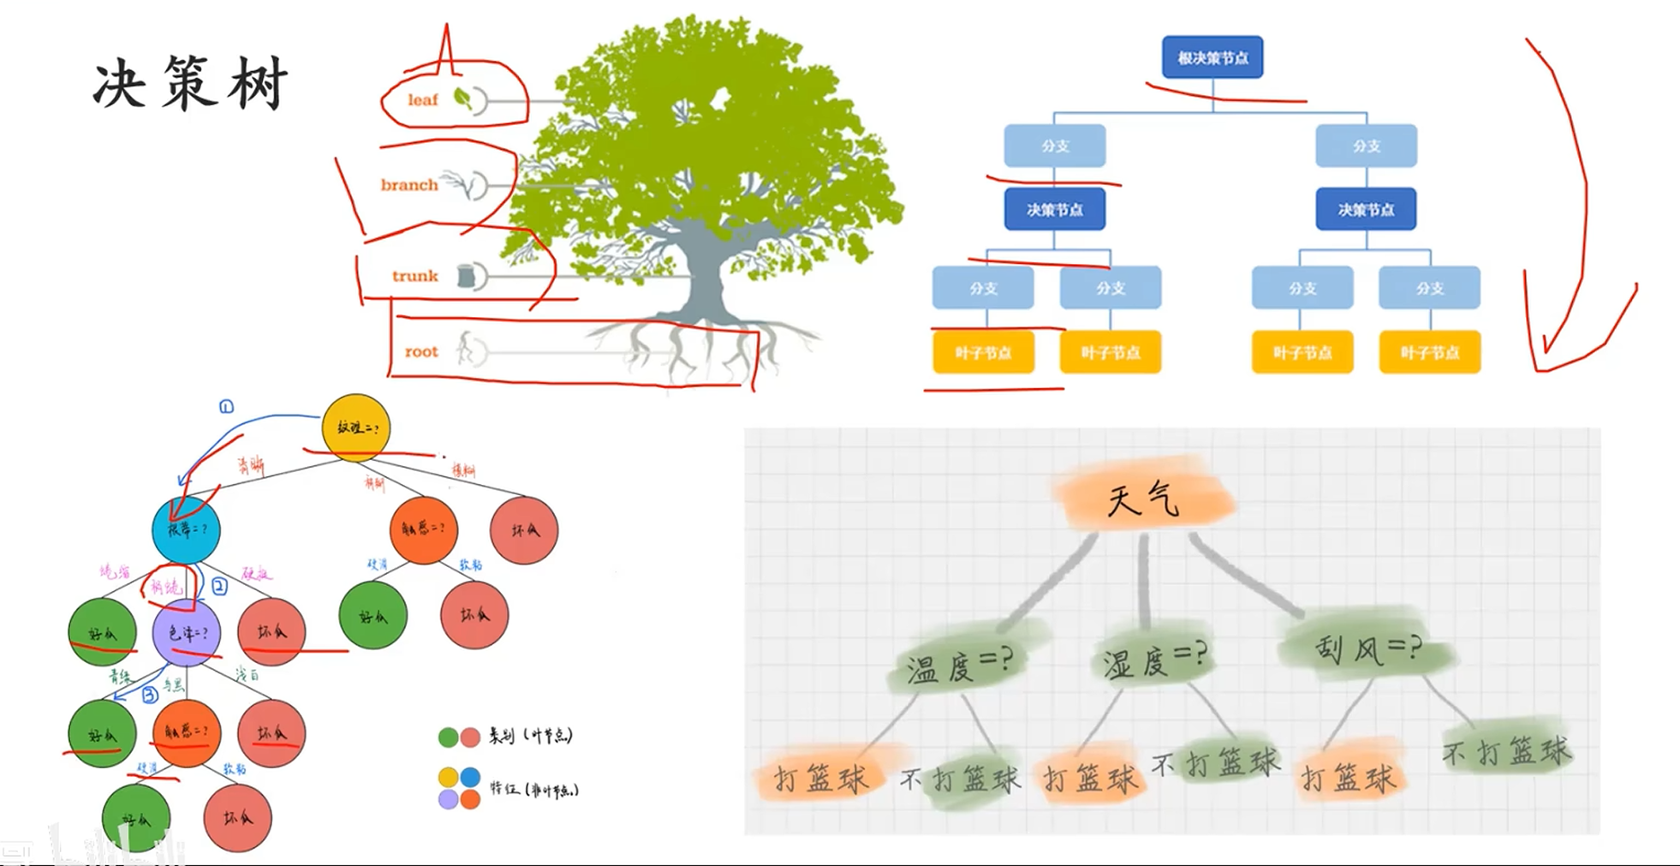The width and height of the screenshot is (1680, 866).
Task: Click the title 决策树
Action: pos(190,85)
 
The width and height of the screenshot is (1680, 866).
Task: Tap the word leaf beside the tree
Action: pos(422,100)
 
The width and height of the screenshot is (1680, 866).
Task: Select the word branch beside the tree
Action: pos(408,185)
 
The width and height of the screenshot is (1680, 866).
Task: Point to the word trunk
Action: pos(414,276)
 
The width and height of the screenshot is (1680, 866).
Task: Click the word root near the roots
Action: pos(420,352)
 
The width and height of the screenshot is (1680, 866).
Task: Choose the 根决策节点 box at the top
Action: pos(1212,58)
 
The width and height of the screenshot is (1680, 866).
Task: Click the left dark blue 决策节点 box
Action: pos(1055,210)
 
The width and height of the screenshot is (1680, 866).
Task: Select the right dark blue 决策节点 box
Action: pos(1366,210)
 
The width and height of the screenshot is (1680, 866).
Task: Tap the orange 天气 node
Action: pos(1144,499)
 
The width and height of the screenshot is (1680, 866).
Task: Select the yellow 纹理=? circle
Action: pos(356,427)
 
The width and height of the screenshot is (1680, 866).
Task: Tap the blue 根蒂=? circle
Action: pos(186,529)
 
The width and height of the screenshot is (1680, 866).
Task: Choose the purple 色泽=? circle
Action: pos(187,633)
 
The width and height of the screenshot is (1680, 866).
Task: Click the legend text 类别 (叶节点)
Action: pos(530,736)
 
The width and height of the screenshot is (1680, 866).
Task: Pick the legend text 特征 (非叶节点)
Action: pos(534,789)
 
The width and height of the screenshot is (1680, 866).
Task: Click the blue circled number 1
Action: pos(226,406)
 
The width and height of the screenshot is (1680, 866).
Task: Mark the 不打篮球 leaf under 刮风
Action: pos(1507,751)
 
